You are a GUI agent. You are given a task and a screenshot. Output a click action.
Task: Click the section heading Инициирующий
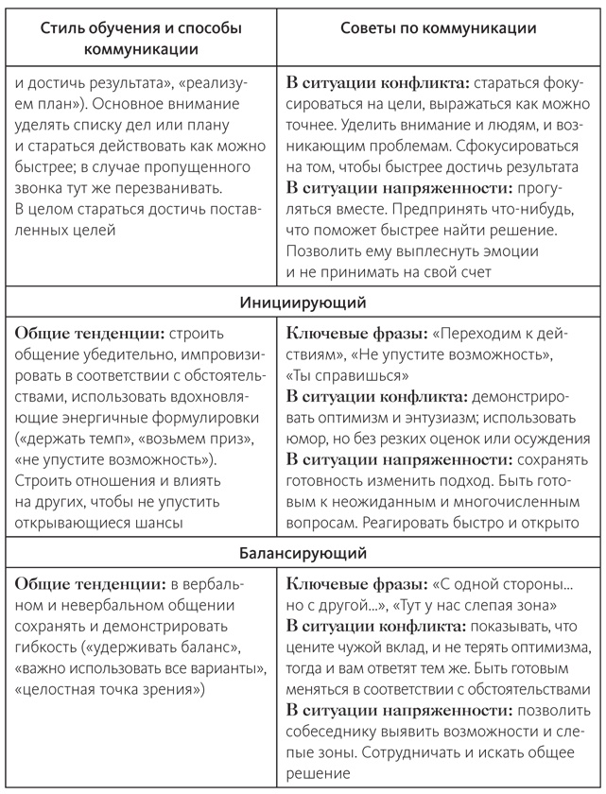click(303, 302)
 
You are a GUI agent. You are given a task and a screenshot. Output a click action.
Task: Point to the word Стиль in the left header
click(62, 29)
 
